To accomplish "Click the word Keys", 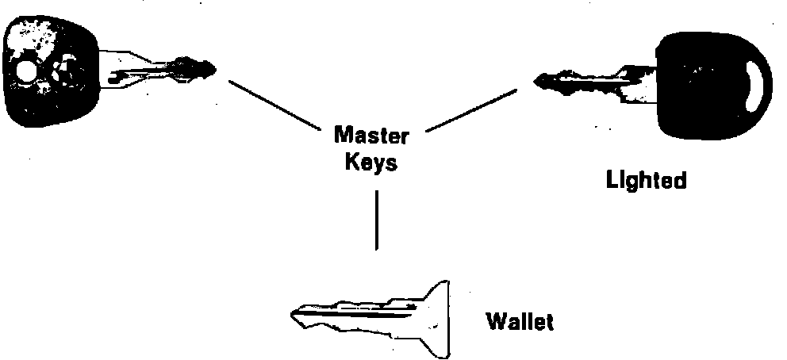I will (x=372, y=163).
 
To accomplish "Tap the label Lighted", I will (x=645, y=181).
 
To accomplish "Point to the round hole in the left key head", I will (x=25, y=73).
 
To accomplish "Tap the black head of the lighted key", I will (x=702, y=83).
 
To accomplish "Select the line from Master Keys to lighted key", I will (x=471, y=110).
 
